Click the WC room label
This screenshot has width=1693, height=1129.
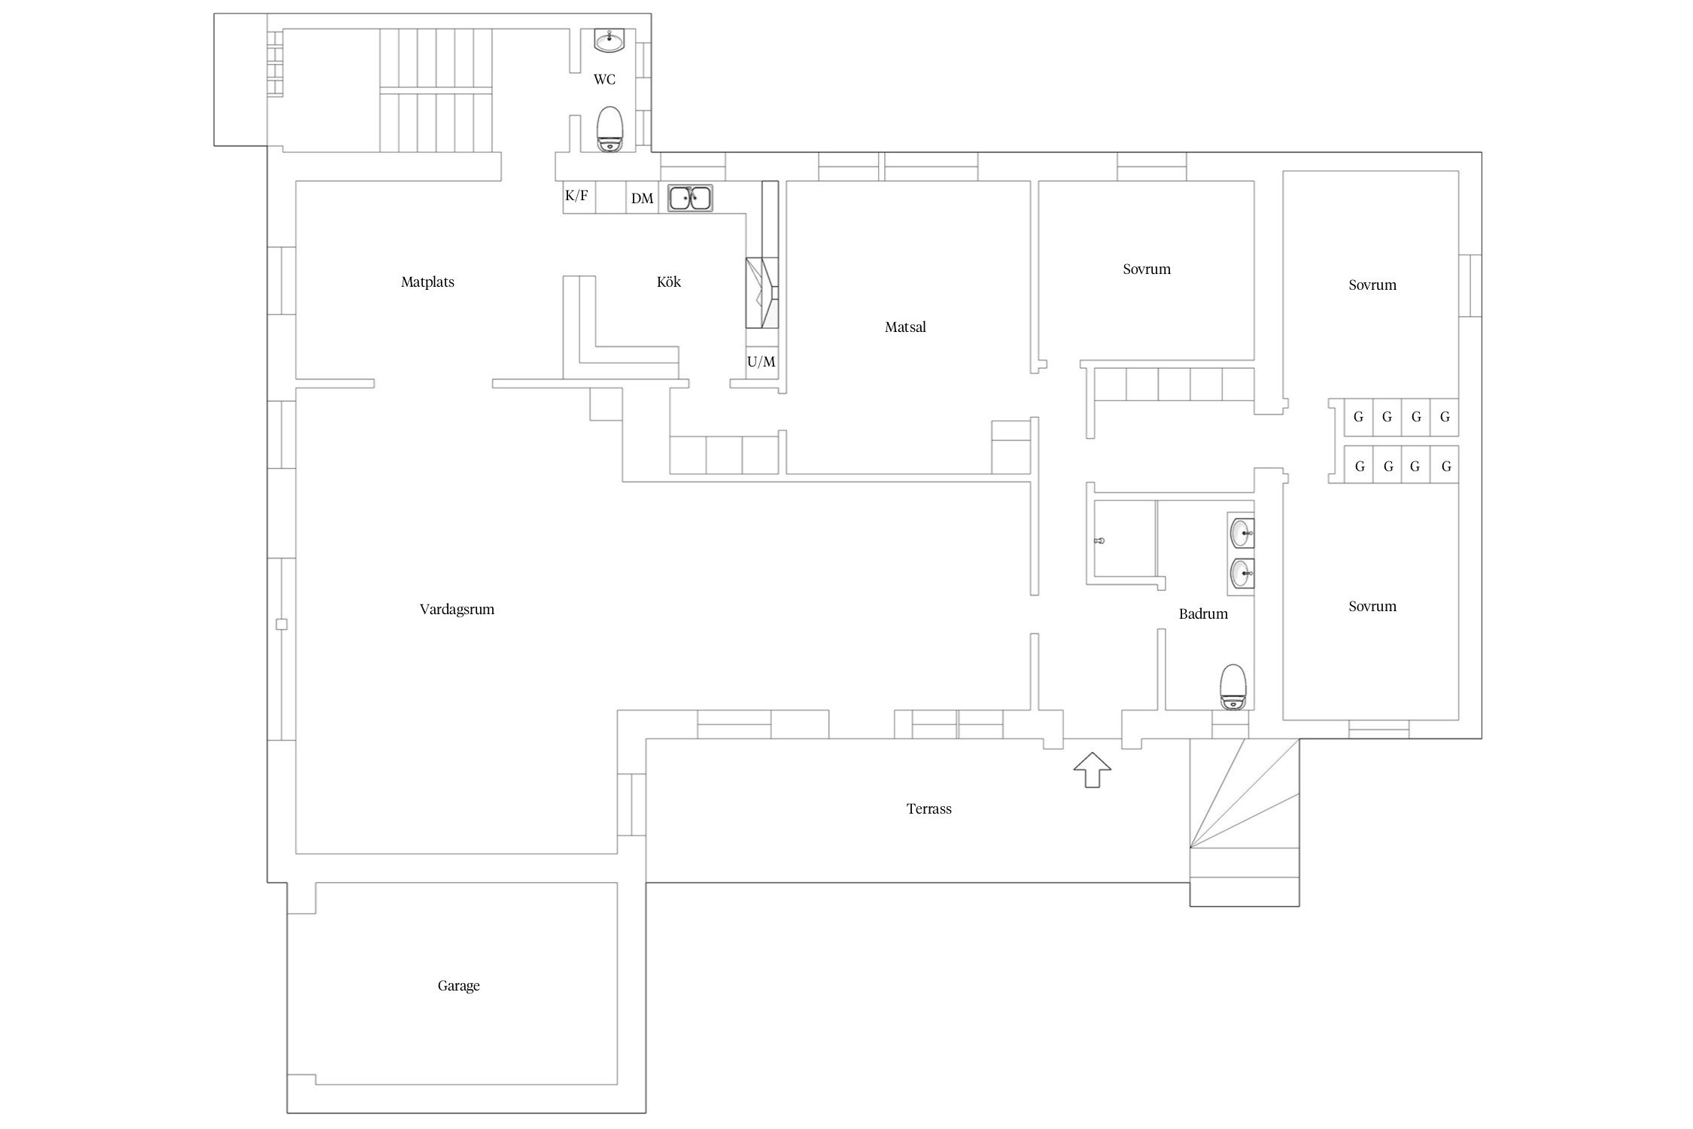click(604, 79)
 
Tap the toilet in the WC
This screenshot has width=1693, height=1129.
click(609, 129)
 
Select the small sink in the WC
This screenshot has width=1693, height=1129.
click(609, 41)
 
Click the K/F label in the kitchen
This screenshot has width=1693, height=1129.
click(576, 196)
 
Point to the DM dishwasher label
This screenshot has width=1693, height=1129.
click(642, 198)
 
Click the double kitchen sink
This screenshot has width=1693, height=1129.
click(690, 198)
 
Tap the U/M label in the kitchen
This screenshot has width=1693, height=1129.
click(761, 362)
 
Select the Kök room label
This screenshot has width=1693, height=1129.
click(669, 281)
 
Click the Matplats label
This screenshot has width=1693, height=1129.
click(427, 282)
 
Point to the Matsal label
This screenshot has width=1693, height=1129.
click(905, 327)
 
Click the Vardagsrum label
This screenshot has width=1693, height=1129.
click(457, 609)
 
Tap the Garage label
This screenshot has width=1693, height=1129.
click(458, 985)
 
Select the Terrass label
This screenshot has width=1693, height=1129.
click(929, 808)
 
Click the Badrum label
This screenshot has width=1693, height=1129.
click(1203, 613)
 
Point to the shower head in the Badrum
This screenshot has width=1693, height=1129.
click(1101, 540)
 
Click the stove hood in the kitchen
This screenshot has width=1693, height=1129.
click(761, 293)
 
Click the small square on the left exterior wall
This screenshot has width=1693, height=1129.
click(281, 624)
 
